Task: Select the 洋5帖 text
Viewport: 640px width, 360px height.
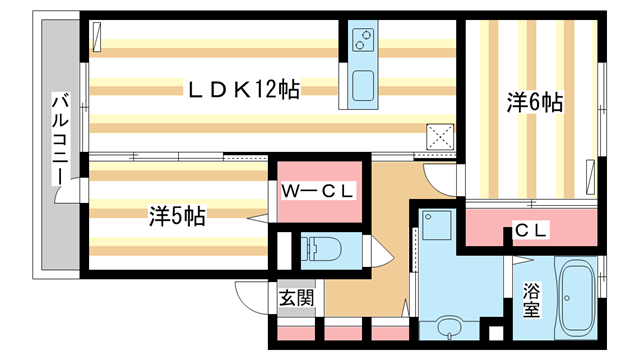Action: coord(177,215)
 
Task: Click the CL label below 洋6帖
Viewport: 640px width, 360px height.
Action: coord(531,230)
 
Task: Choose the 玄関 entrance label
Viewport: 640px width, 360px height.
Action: coord(296,297)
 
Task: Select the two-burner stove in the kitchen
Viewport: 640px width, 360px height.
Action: coord(363,42)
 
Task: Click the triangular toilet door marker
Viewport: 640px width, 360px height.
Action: coord(383,255)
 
